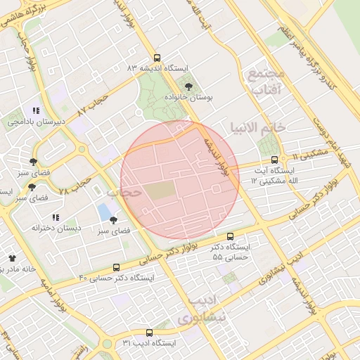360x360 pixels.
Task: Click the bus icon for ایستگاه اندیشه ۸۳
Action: point(156,58)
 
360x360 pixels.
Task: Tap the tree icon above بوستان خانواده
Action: point(188,86)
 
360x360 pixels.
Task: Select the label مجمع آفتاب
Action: point(264,81)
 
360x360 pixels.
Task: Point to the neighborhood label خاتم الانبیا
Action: point(257,127)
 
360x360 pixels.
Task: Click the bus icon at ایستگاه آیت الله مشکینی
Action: point(274,160)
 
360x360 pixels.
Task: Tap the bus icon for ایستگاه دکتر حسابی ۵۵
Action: point(230,237)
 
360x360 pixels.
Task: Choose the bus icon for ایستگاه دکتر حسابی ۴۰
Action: point(116,267)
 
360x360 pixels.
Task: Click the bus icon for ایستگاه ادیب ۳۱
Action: point(149,332)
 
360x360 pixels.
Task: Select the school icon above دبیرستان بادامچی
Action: point(36,110)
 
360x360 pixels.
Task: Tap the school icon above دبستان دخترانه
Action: point(56,217)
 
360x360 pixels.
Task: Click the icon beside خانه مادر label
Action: point(11,258)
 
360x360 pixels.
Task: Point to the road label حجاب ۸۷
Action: point(95,104)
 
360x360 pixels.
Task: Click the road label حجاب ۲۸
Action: point(75,186)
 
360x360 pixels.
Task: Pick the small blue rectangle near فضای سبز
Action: point(105,210)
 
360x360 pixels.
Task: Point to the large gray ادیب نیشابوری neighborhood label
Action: point(203,309)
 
